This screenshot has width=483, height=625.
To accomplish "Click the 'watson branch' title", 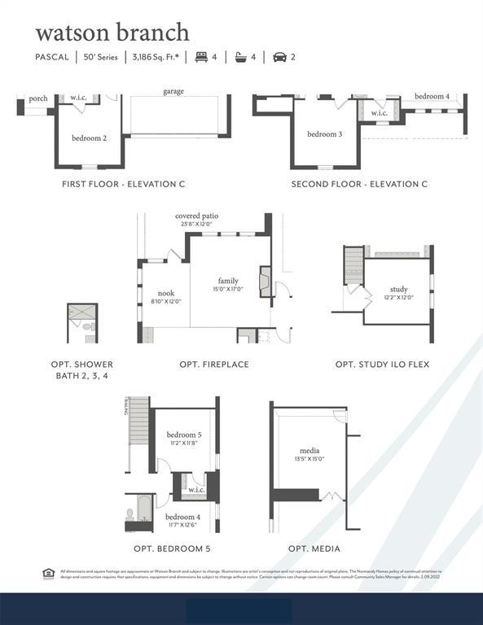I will coord(112,32).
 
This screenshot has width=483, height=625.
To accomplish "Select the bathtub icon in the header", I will coord(241,57).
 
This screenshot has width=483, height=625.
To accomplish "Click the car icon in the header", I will coord(280,57).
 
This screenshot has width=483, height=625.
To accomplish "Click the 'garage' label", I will coord(173,92).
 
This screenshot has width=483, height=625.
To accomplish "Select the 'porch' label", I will coord(37,98).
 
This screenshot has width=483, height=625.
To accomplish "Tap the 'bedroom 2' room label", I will coord(89,138).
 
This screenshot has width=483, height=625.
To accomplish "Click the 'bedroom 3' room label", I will coord(324,134).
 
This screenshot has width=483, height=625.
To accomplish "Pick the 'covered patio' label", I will coord(196,216).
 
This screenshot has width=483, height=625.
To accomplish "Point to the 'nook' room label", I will coord(166,293).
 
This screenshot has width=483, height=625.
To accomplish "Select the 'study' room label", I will coord(398,289).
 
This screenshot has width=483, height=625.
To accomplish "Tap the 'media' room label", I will coord(309,450).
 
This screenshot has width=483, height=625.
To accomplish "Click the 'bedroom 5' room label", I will coord(183,435).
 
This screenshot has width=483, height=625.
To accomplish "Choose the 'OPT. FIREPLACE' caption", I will coord(214,364).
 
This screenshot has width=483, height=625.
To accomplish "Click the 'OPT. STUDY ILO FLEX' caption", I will coord(382,364).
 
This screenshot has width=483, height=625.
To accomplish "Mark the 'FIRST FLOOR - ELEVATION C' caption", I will coord(123,184).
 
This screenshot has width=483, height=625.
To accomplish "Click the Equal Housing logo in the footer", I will coord(47,573).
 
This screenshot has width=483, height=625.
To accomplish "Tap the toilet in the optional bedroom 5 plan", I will coord(130,514).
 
